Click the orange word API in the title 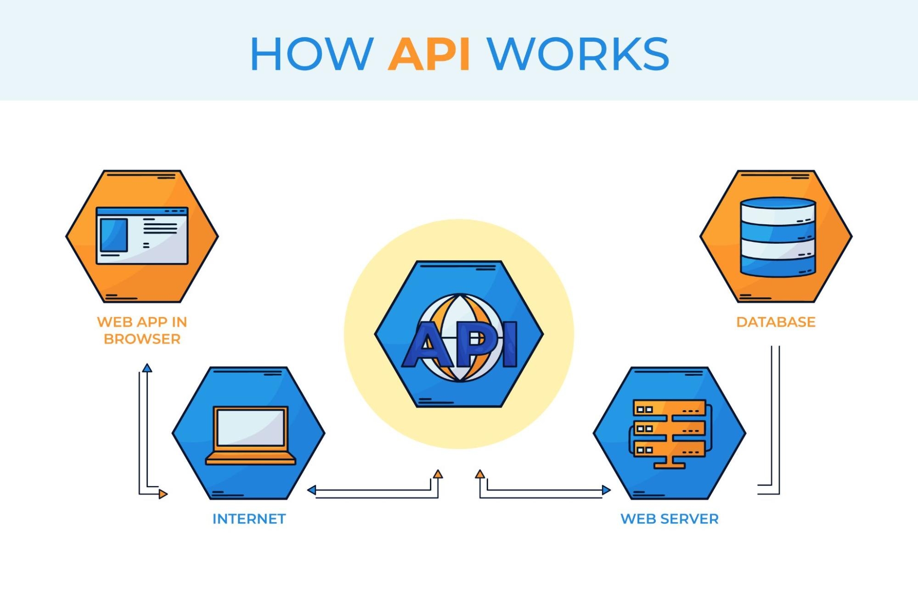[429, 54]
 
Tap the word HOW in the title [311, 54]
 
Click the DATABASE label [776, 322]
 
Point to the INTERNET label [249, 519]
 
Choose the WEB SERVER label [669, 519]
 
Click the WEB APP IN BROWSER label [142, 330]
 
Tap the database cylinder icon [777, 237]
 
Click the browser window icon [142, 235]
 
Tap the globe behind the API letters [460, 337]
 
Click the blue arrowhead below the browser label [147, 368]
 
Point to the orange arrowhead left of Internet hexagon [163, 494]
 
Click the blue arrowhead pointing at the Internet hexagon [312, 491]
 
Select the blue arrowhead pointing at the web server [606, 491]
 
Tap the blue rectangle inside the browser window [113, 235]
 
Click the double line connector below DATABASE [775, 418]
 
